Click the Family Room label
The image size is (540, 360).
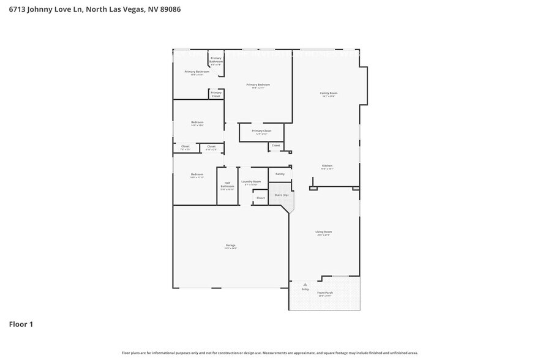point(329,94)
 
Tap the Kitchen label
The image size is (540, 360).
point(327,167)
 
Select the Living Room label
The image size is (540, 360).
point(323,233)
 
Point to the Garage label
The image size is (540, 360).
point(230,246)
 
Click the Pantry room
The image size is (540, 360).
point(280,174)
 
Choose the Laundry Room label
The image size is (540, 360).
point(251,182)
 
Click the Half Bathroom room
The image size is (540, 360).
point(227,186)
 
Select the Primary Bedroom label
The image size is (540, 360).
point(258,86)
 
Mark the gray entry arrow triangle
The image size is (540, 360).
point(305,285)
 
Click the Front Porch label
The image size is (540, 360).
point(324,294)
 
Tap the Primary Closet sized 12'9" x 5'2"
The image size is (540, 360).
point(261,132)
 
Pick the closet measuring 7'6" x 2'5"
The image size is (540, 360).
point(186,147)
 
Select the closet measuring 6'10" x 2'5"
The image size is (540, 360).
point(211,147)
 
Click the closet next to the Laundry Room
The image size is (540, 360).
point(261,198)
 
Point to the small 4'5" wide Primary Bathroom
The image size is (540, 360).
point(216,61)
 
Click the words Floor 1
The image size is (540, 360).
point(21,324)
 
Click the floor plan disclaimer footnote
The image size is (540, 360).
point(270,353)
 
